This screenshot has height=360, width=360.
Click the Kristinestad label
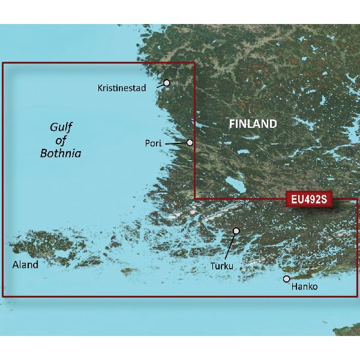[122, 88]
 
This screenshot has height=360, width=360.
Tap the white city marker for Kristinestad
[167, 83]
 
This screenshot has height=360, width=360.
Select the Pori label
[152, 143]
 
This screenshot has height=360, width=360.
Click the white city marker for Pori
[190, 143]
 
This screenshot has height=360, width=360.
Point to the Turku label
[222, 265]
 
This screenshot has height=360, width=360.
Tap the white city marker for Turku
[236, 230]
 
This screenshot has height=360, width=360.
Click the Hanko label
[304, 287]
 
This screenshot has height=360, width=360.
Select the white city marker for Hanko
[287, 279]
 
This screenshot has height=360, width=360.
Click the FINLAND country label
[253, 124]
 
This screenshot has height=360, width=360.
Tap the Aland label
[25, 265]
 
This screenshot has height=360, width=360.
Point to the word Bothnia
[61, 154]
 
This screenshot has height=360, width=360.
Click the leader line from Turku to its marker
[230, 246]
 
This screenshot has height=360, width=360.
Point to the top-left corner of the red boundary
[3, 63]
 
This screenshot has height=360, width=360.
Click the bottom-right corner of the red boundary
[357, 296]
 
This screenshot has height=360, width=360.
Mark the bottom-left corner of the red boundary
[3, 296]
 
